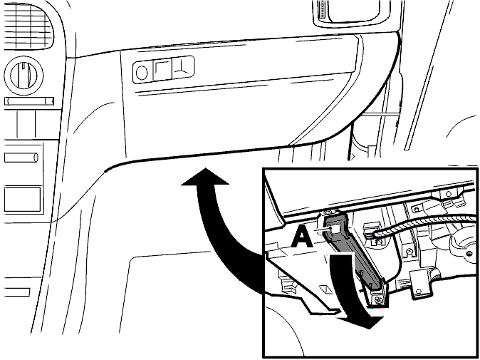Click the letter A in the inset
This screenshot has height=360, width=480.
pos(301,239)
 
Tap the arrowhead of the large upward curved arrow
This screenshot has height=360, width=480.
pos(205,177)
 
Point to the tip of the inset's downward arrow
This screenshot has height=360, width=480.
pos(371,328)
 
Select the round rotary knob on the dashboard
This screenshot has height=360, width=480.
pos(24,76)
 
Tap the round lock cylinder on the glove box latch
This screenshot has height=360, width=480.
pos(142,73)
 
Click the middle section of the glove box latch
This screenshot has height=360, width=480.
pos(162,70)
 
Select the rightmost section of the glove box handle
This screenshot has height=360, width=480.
pos(183,68)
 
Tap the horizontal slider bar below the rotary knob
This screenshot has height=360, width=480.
pos(29,101)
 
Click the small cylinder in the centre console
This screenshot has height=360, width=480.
pos(21,158)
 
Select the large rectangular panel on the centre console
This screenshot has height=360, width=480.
pos(22,199)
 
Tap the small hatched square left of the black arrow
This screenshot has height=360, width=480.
pos(325,289)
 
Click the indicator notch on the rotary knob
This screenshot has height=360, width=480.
pos(24,70)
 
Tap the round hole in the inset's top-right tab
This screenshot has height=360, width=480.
pos(449,194)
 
